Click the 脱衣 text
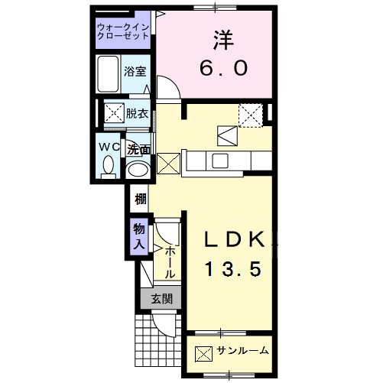(x=137, y=113)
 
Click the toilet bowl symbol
(x=109, y=164)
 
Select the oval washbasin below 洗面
(x=138, y=169)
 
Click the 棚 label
(x=140, y=201)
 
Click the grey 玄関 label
(x=161, y=298)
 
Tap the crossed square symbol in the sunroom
(x=203, y=353)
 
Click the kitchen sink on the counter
(x=219, y=161)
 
